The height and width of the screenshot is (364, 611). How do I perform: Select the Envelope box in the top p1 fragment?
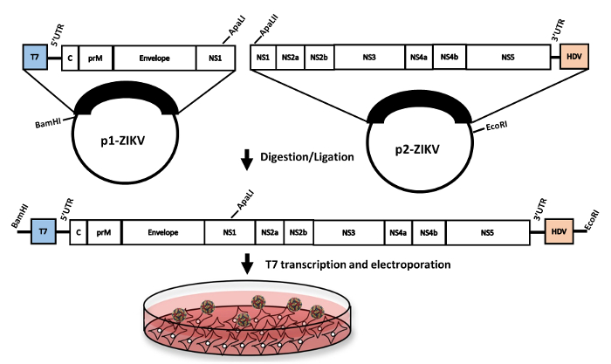154,58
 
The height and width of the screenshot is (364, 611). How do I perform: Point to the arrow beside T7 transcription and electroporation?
247,263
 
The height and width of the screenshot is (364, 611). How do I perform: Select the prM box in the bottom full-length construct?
103,232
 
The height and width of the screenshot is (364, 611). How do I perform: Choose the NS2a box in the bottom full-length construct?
268,232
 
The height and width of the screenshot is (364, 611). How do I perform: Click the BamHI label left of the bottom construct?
15,216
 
